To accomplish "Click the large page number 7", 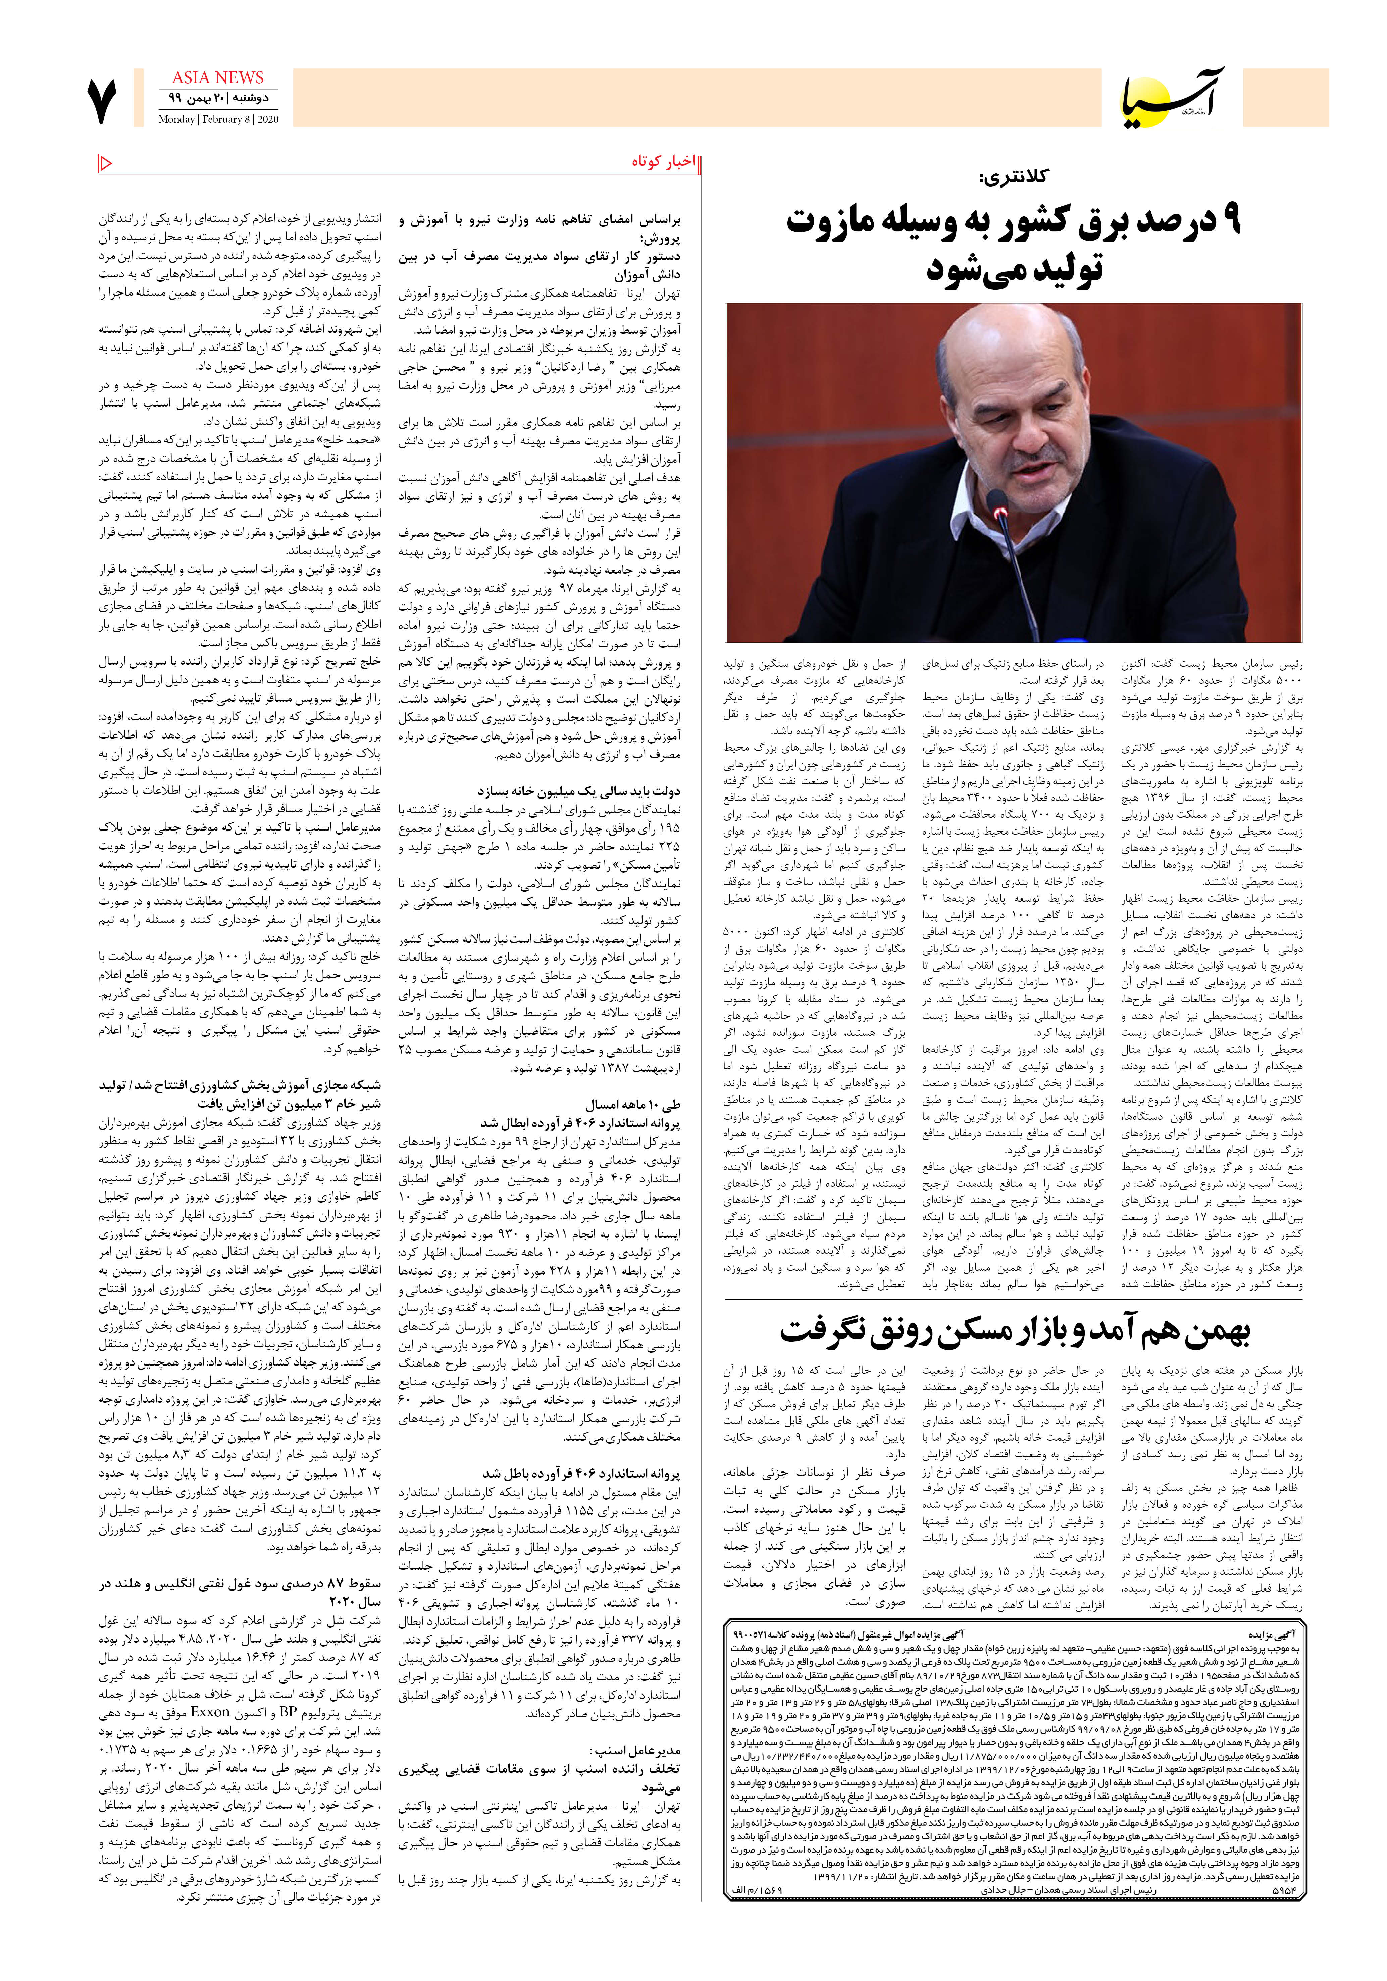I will coord(102,101).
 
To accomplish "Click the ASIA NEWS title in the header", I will coord(217,78).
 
